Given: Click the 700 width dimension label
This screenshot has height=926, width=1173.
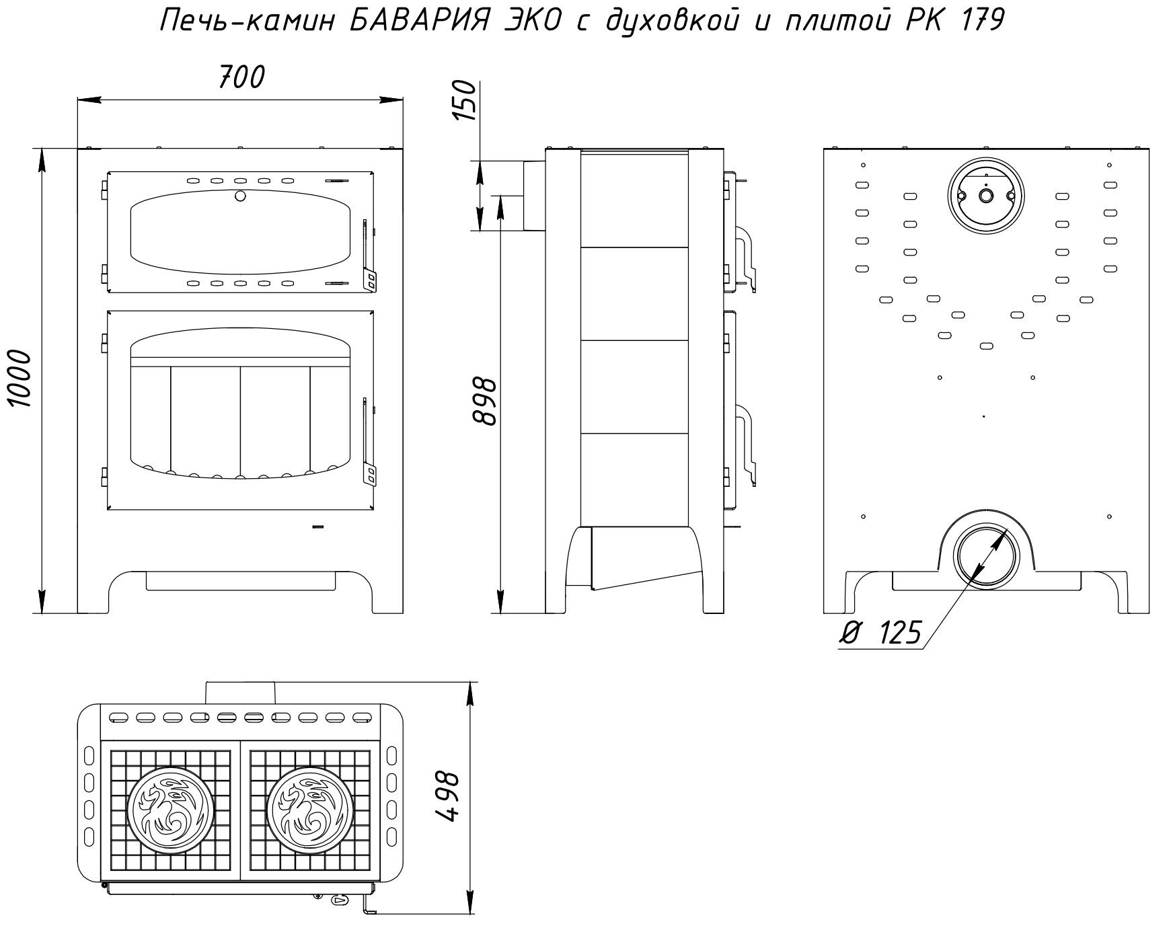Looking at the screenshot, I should point(241,78).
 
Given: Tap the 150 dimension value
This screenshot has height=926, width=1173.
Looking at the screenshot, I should point(465,100).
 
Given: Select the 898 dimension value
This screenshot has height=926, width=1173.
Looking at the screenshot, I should point(484,401).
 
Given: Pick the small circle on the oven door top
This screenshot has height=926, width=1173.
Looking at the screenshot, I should point(239,196).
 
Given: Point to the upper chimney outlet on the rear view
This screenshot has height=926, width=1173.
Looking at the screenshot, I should point(985,196).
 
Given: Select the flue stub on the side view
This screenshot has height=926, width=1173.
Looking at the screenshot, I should point(534,196).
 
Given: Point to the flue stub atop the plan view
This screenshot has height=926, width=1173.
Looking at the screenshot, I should point(241,693).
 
